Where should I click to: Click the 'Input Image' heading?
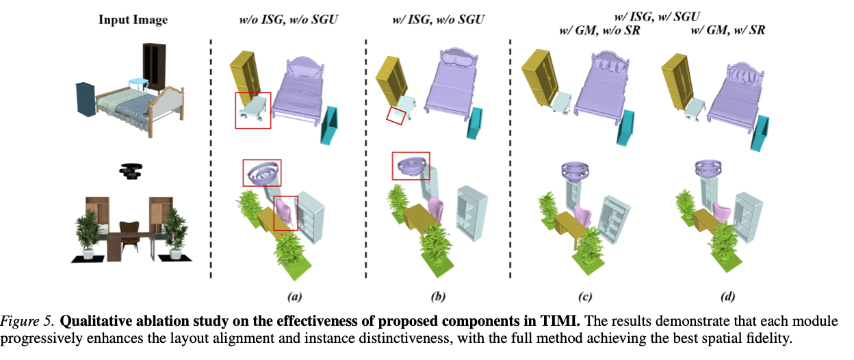click(x=133, y=20)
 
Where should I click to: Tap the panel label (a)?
click(x=295, y=296)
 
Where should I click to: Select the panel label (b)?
click(x=438, y=296)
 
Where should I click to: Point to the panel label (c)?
click(x=585, y=296)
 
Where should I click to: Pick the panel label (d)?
click(x=727, y=296)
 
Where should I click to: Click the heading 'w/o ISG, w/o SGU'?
click(x=288, y=20)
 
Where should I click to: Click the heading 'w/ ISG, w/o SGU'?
click(x=438, y=20)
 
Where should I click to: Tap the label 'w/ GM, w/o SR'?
click(x=599, y=31)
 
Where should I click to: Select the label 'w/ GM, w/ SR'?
click(x=728, y=31)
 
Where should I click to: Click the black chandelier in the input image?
click(x=131, y=171)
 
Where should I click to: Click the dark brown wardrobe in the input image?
click(x=154, y=68)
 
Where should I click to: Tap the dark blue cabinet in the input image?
click(x=86, y=99)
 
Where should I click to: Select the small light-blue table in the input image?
click(x=138, y=83)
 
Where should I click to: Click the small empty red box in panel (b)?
click(x=396, y=116)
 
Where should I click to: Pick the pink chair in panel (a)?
click(x=285, y=214)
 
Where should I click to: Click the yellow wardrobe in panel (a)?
click(x=246, y=76)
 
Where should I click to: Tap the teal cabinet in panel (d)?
click(x=760, y=133)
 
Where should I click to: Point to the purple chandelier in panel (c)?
click(x=575, y=171)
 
